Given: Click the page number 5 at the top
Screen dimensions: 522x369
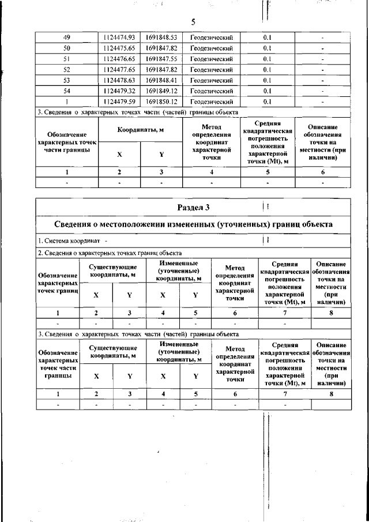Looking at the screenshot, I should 193,22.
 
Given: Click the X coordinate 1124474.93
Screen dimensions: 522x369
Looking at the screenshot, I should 119,37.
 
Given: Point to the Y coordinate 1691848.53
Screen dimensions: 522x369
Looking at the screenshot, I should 161,37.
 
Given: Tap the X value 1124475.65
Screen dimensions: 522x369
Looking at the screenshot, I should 119,48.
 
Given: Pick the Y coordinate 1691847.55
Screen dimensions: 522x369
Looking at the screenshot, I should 161,59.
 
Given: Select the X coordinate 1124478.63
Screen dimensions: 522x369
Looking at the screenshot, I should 119,80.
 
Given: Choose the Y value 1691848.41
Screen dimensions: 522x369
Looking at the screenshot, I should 161,80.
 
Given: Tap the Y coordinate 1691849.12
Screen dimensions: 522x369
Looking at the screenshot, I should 161,91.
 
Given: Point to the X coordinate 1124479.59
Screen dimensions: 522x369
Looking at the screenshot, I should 119,102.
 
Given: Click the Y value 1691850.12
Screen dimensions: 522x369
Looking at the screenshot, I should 161,102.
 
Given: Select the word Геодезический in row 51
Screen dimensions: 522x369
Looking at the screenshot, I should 211,59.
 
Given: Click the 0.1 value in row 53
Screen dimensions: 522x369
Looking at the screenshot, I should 268,80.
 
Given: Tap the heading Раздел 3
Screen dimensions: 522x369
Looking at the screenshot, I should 193,206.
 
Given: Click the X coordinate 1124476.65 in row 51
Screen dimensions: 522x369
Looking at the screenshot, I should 119,59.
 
